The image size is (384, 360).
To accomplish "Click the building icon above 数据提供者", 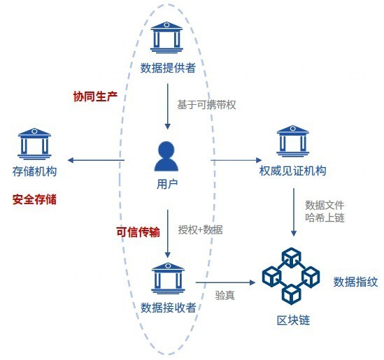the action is [x=166, y=37].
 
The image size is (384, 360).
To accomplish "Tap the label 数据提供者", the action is [x=168, y=68].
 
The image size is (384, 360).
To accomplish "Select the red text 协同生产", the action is [x=95, y=96].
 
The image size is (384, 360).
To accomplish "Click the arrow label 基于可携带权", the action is [x=206, y=105].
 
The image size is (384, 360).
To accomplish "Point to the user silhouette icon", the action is [x=166, y=156].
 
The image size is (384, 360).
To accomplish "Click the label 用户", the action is [x=167, y=184].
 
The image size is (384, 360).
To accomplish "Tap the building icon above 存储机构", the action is [x=34, y=144].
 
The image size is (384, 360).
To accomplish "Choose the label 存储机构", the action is [x=34, y=171].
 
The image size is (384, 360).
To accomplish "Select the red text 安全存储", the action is [x=34, y=199].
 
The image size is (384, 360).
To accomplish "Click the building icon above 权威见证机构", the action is [x=292, y=141].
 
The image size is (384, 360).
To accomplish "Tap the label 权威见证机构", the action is [x=292, y=171].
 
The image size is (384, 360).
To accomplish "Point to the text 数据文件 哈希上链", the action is [x=325, y=211].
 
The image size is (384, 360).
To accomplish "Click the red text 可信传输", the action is [x=138, y=232].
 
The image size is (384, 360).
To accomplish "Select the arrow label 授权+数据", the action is [x=200, y=230].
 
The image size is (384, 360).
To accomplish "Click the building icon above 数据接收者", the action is [x=168, y=278].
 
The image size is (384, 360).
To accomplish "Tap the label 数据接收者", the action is [x=169, y=308].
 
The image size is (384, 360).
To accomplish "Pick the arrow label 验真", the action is [x=225, y=295].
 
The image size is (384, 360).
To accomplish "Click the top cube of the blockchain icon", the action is [x=291, y=257].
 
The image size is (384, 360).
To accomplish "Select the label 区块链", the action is [x=293, y=320].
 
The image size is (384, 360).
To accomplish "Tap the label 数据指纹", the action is [x=355, y=282].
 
